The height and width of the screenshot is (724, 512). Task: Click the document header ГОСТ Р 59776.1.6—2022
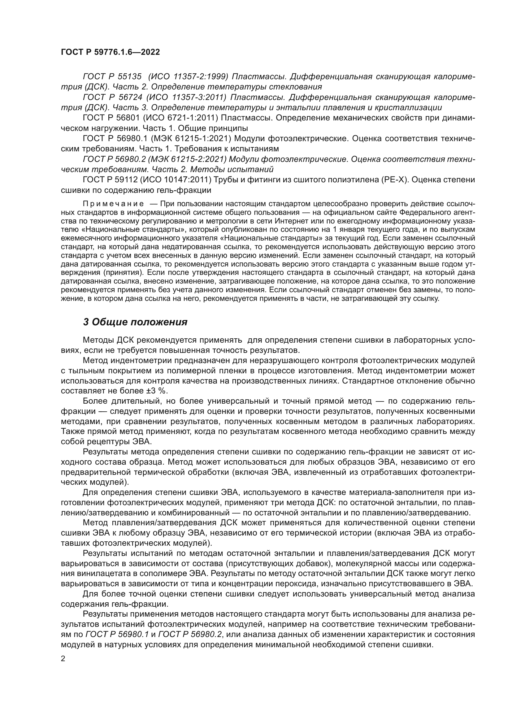tap(110, 52)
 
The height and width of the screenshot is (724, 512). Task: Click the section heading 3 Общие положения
tap(135, 322)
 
